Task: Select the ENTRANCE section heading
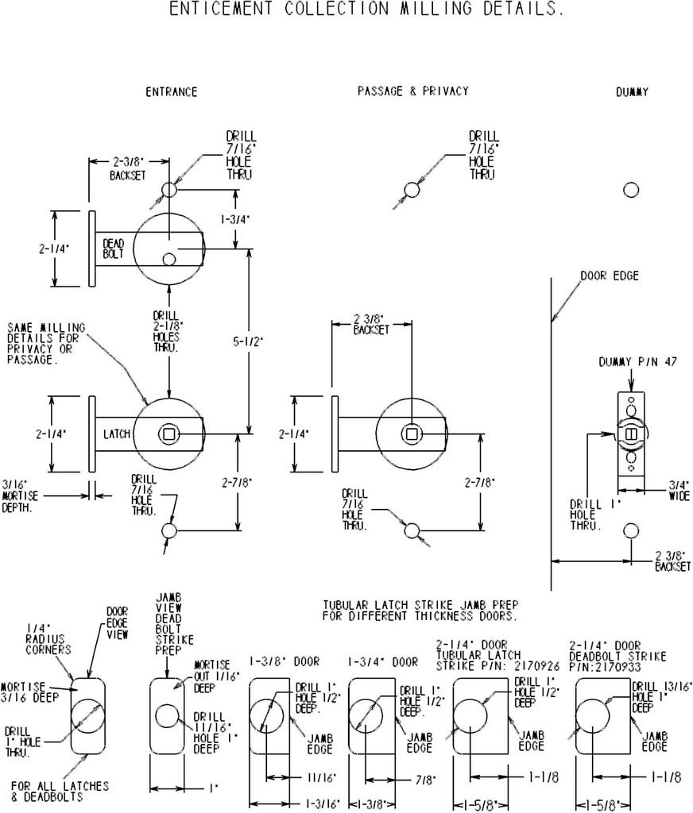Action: [x=171, y=92]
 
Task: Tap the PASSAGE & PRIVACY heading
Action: [x=412, y=91]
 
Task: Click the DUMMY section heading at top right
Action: [x=632, y=92]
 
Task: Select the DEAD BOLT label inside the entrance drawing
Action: [x=113, y=249]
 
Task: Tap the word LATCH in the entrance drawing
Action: [x=117, y=434]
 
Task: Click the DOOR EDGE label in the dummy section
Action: [x=609, y=275]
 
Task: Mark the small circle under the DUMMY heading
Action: [x=632, y=190]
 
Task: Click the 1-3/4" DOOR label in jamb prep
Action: [x=383, y=661]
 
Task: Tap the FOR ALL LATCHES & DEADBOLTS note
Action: [x=59, y=791]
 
